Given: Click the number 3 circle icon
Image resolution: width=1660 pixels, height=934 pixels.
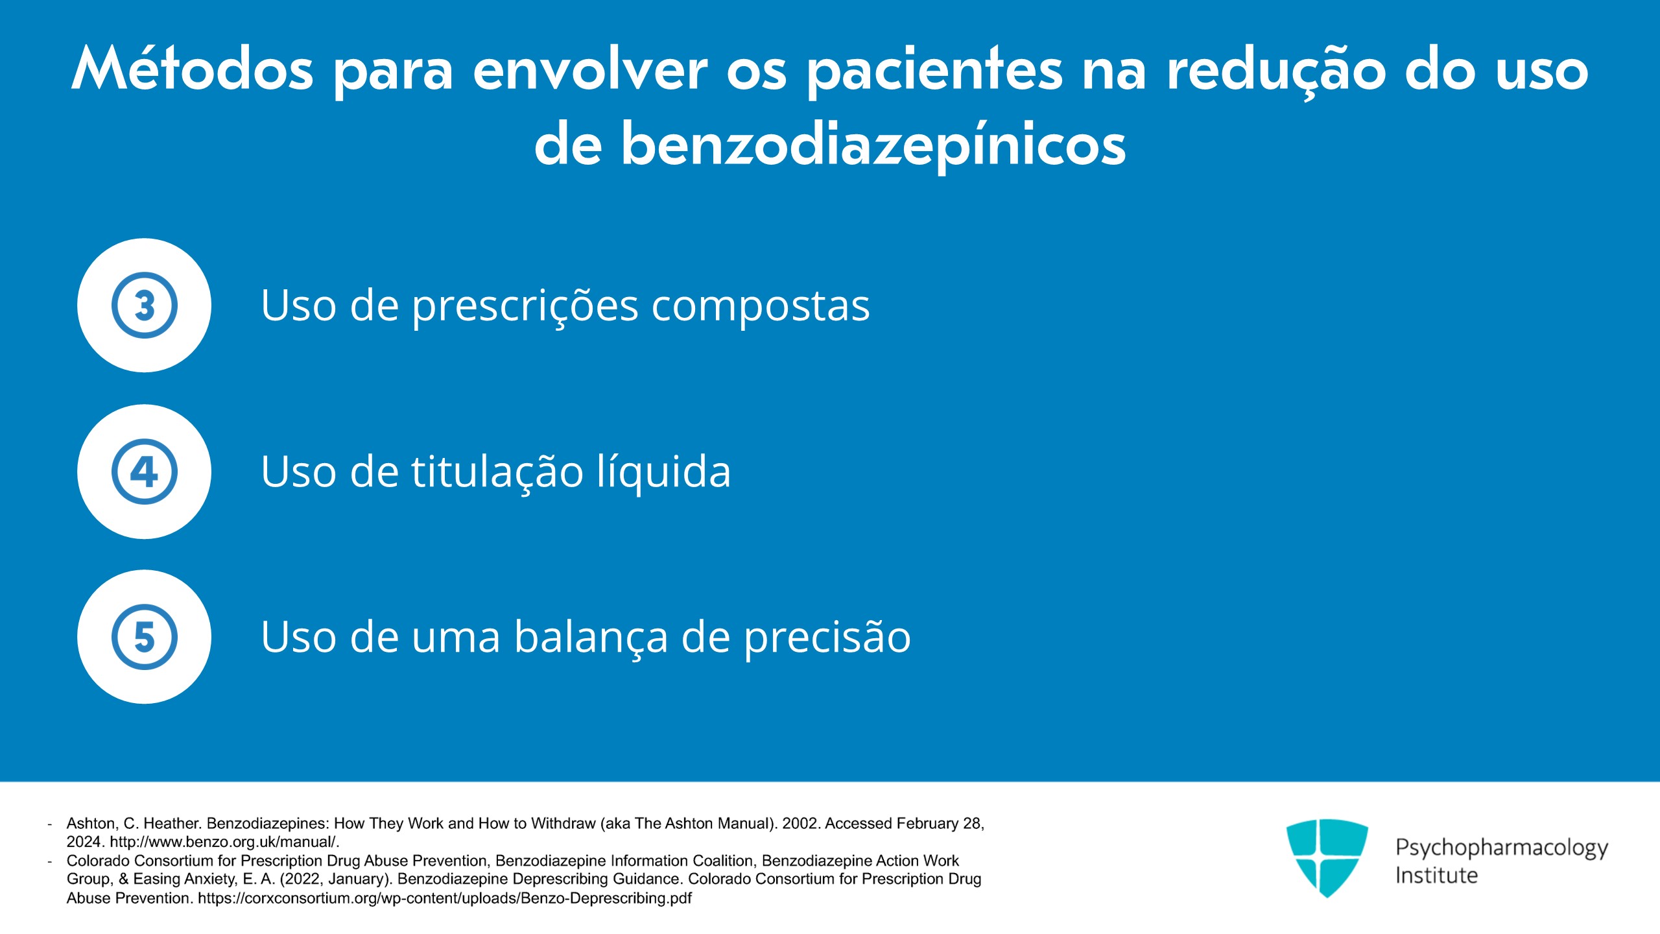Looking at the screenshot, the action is click(144, 305).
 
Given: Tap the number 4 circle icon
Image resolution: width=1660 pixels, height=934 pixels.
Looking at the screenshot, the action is click(144, 472).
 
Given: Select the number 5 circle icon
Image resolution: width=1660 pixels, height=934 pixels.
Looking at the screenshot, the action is click(144, 637).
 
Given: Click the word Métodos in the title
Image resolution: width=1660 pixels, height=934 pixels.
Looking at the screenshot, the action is click(193, 69).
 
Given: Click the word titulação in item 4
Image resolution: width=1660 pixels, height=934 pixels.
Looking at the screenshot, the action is click(497, 472).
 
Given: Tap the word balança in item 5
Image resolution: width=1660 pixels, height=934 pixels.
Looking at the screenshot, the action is click(591, 637).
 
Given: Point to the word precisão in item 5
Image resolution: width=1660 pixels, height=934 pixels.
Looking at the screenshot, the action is click(827, 638).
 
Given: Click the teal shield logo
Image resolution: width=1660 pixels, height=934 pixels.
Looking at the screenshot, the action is click(1327, 857).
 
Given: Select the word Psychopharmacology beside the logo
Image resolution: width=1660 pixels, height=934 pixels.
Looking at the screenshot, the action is click(1502, 848).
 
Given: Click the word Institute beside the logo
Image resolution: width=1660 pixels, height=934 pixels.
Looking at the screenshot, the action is click(1436, 876).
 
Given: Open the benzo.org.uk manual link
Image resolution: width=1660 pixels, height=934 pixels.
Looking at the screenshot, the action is click(224, 842).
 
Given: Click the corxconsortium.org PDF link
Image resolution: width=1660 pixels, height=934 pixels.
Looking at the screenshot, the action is click(445, 898).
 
